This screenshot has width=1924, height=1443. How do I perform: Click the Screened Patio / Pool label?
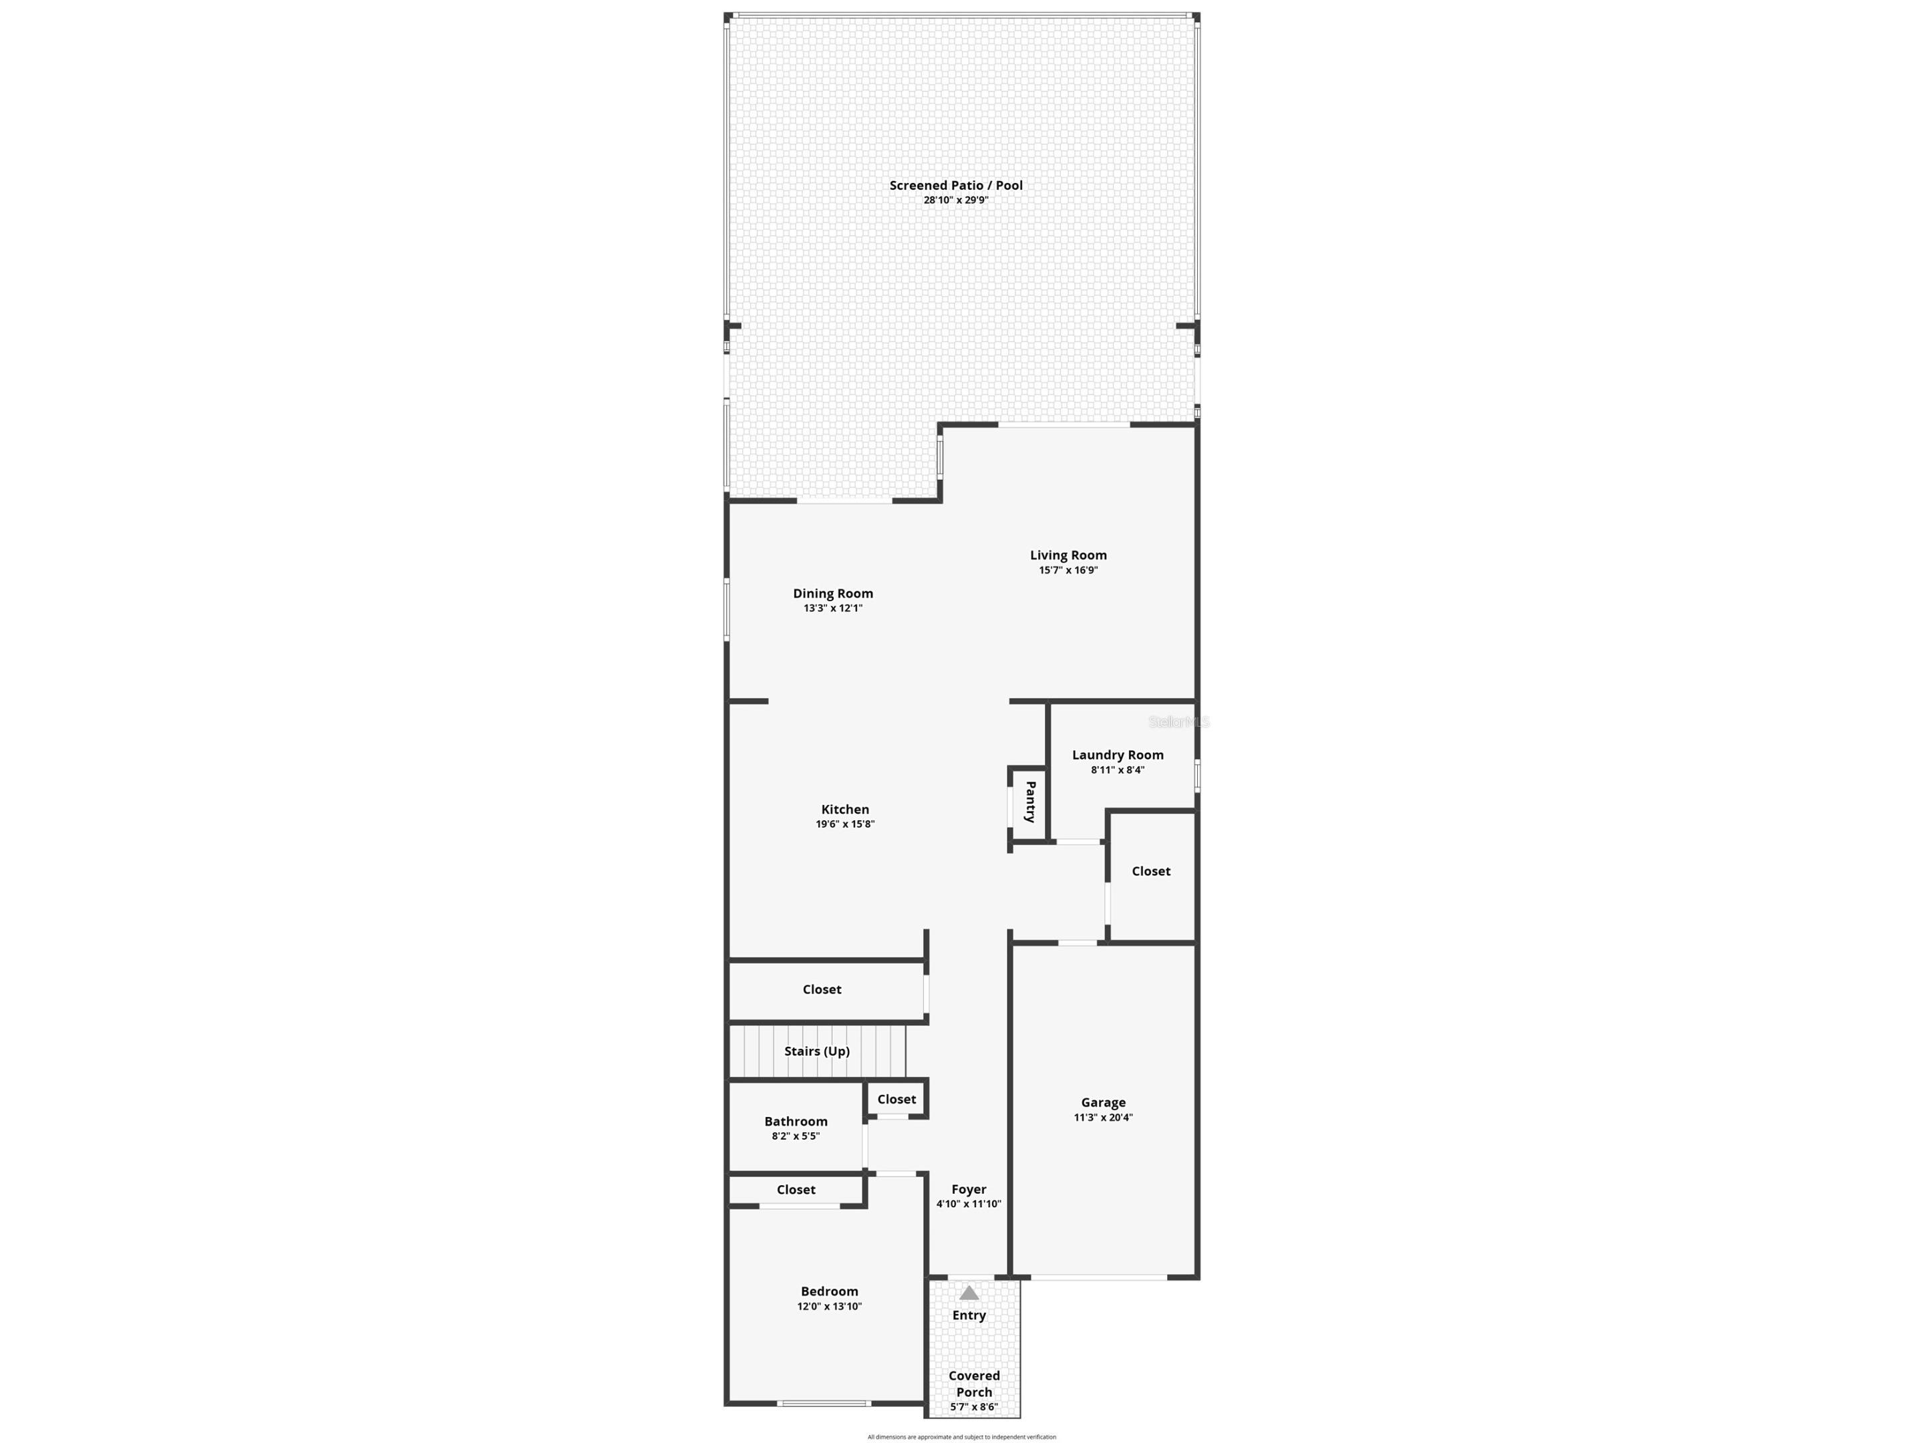click(955, 185)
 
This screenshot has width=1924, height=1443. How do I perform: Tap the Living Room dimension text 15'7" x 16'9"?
click(1068, 571)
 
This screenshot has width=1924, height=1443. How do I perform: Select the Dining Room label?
click(832, 593)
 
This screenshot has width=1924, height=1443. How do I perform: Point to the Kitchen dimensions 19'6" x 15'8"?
click(844, 824)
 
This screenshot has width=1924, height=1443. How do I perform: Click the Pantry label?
click(1030, 802)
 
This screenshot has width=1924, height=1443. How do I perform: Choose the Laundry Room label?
click(1117, 755)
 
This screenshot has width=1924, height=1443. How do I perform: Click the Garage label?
click(1103, 1103)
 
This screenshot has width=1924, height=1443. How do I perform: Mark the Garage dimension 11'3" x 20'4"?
click(1103, 1118)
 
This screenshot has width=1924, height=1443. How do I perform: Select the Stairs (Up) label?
click(817, 1051)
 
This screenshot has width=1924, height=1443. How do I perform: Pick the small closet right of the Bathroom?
click(896, 1100)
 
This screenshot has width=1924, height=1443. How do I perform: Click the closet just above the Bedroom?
click(796, 1190)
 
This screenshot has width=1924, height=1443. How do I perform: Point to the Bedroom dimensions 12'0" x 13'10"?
click(829, 1307)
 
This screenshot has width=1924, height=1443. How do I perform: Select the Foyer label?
click(968, 1190)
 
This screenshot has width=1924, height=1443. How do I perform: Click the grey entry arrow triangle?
click(968, 1293)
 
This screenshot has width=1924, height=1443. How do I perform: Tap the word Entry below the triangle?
click(968, 1315)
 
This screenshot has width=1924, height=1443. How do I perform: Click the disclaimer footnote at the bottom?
click(961, 1437)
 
